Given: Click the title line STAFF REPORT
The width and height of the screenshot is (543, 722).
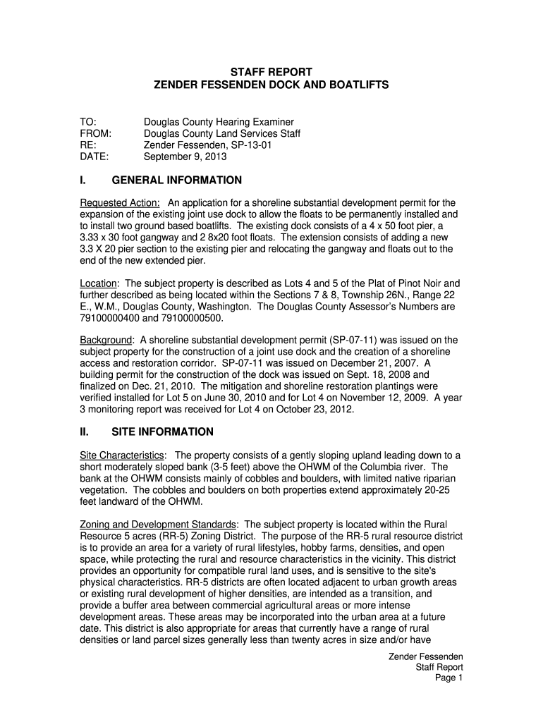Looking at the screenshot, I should tap(271, 72).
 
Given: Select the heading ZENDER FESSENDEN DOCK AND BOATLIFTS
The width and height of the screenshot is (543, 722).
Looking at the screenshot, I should tap(271, 85).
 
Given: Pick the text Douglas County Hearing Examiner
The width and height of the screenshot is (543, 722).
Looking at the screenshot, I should tap(219, 122).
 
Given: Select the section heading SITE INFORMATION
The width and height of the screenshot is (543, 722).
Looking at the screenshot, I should tap(162, 432).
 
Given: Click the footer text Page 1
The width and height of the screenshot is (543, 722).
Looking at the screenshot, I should tap(449, 678).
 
